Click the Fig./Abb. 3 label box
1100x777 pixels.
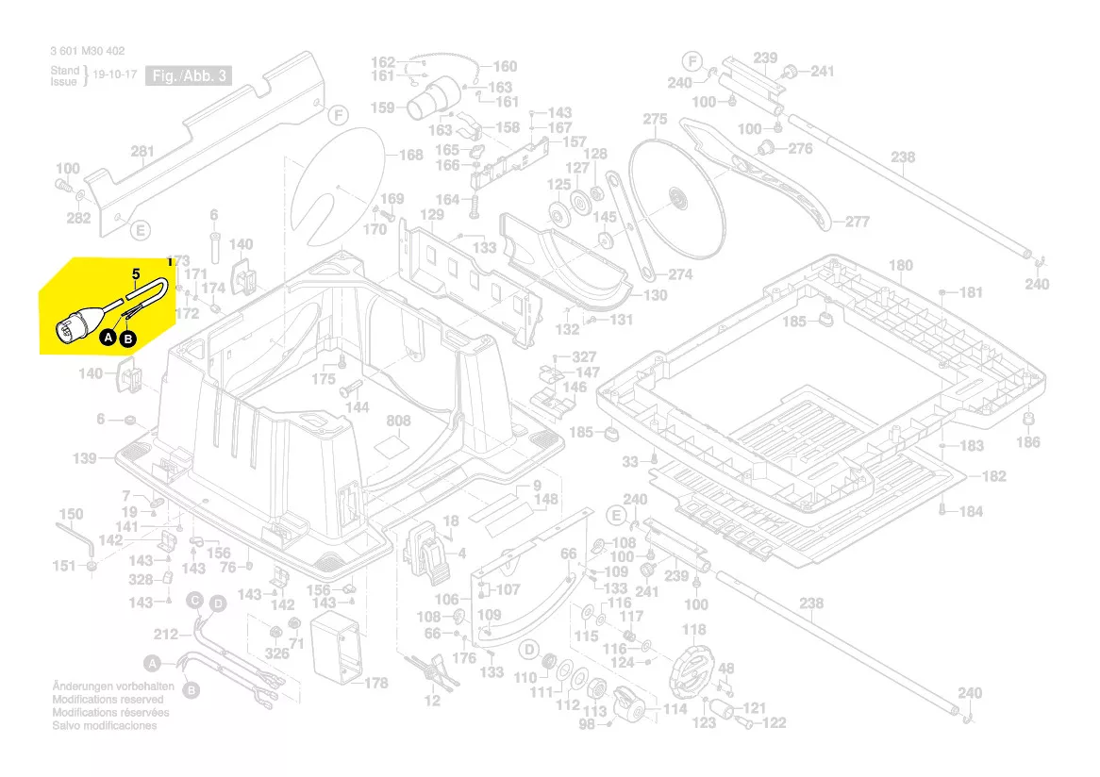188,76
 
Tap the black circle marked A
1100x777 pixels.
108,336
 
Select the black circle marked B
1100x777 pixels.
128,338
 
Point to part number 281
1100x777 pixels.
142,152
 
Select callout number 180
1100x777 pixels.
901,266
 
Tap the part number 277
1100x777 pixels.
857,223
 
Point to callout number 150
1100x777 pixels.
71,515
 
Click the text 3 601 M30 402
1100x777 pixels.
87,52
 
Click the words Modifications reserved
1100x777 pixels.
108,700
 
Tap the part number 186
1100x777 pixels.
1028,442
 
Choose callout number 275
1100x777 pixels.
655,120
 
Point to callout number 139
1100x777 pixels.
85,458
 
